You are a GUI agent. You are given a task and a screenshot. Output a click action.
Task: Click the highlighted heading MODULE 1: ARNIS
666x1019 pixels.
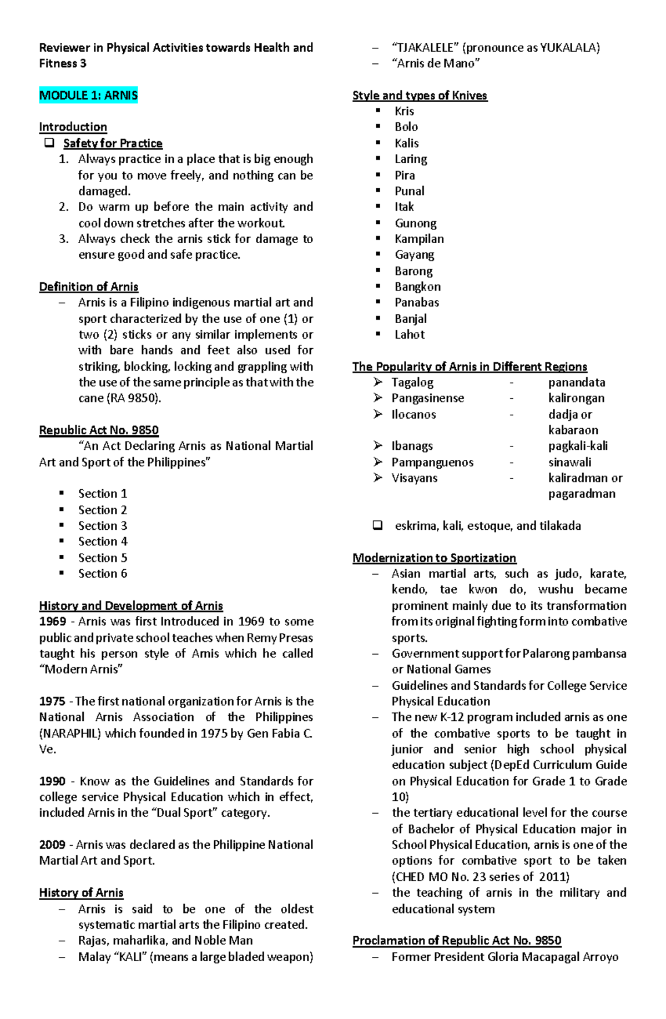[x=88, y=96]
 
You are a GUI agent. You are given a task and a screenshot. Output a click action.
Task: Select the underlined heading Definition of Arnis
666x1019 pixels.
[x=89, y=287]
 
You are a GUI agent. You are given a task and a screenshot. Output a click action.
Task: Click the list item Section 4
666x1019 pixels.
[x=103, y=541]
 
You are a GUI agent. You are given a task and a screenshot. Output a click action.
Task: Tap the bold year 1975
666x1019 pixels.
[x=52, y=701]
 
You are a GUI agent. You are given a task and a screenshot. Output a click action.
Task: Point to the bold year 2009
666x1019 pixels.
[x=52, y=845]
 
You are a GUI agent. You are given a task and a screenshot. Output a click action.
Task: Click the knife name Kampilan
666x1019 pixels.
[x=419, y=239]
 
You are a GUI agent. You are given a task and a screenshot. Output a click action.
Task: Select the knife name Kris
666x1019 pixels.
[x=404, y=111]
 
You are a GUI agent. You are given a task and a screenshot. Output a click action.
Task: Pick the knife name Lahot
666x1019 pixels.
[x=410, y=335]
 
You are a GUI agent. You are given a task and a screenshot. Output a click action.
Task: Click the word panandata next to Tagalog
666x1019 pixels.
[x=577, y=383]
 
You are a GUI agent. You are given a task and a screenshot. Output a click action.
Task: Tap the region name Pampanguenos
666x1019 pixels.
[x=432, y=463]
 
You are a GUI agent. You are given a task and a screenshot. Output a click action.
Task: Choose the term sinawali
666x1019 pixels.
[x=569, y=463]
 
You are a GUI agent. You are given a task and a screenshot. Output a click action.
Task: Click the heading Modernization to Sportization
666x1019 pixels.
[x=434, y=558]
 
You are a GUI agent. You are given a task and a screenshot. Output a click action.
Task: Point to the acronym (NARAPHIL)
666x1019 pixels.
[x=70, y=734]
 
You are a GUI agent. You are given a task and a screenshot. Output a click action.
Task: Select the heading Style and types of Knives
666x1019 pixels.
[x=420, y=96]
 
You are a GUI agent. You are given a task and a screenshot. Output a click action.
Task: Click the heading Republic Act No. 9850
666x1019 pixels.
[x=99, y=430]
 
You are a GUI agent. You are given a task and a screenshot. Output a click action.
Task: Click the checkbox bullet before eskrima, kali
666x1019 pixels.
[x=378, y=525]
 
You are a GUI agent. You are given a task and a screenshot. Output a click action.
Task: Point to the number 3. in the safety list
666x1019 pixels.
[x=63, y=239]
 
